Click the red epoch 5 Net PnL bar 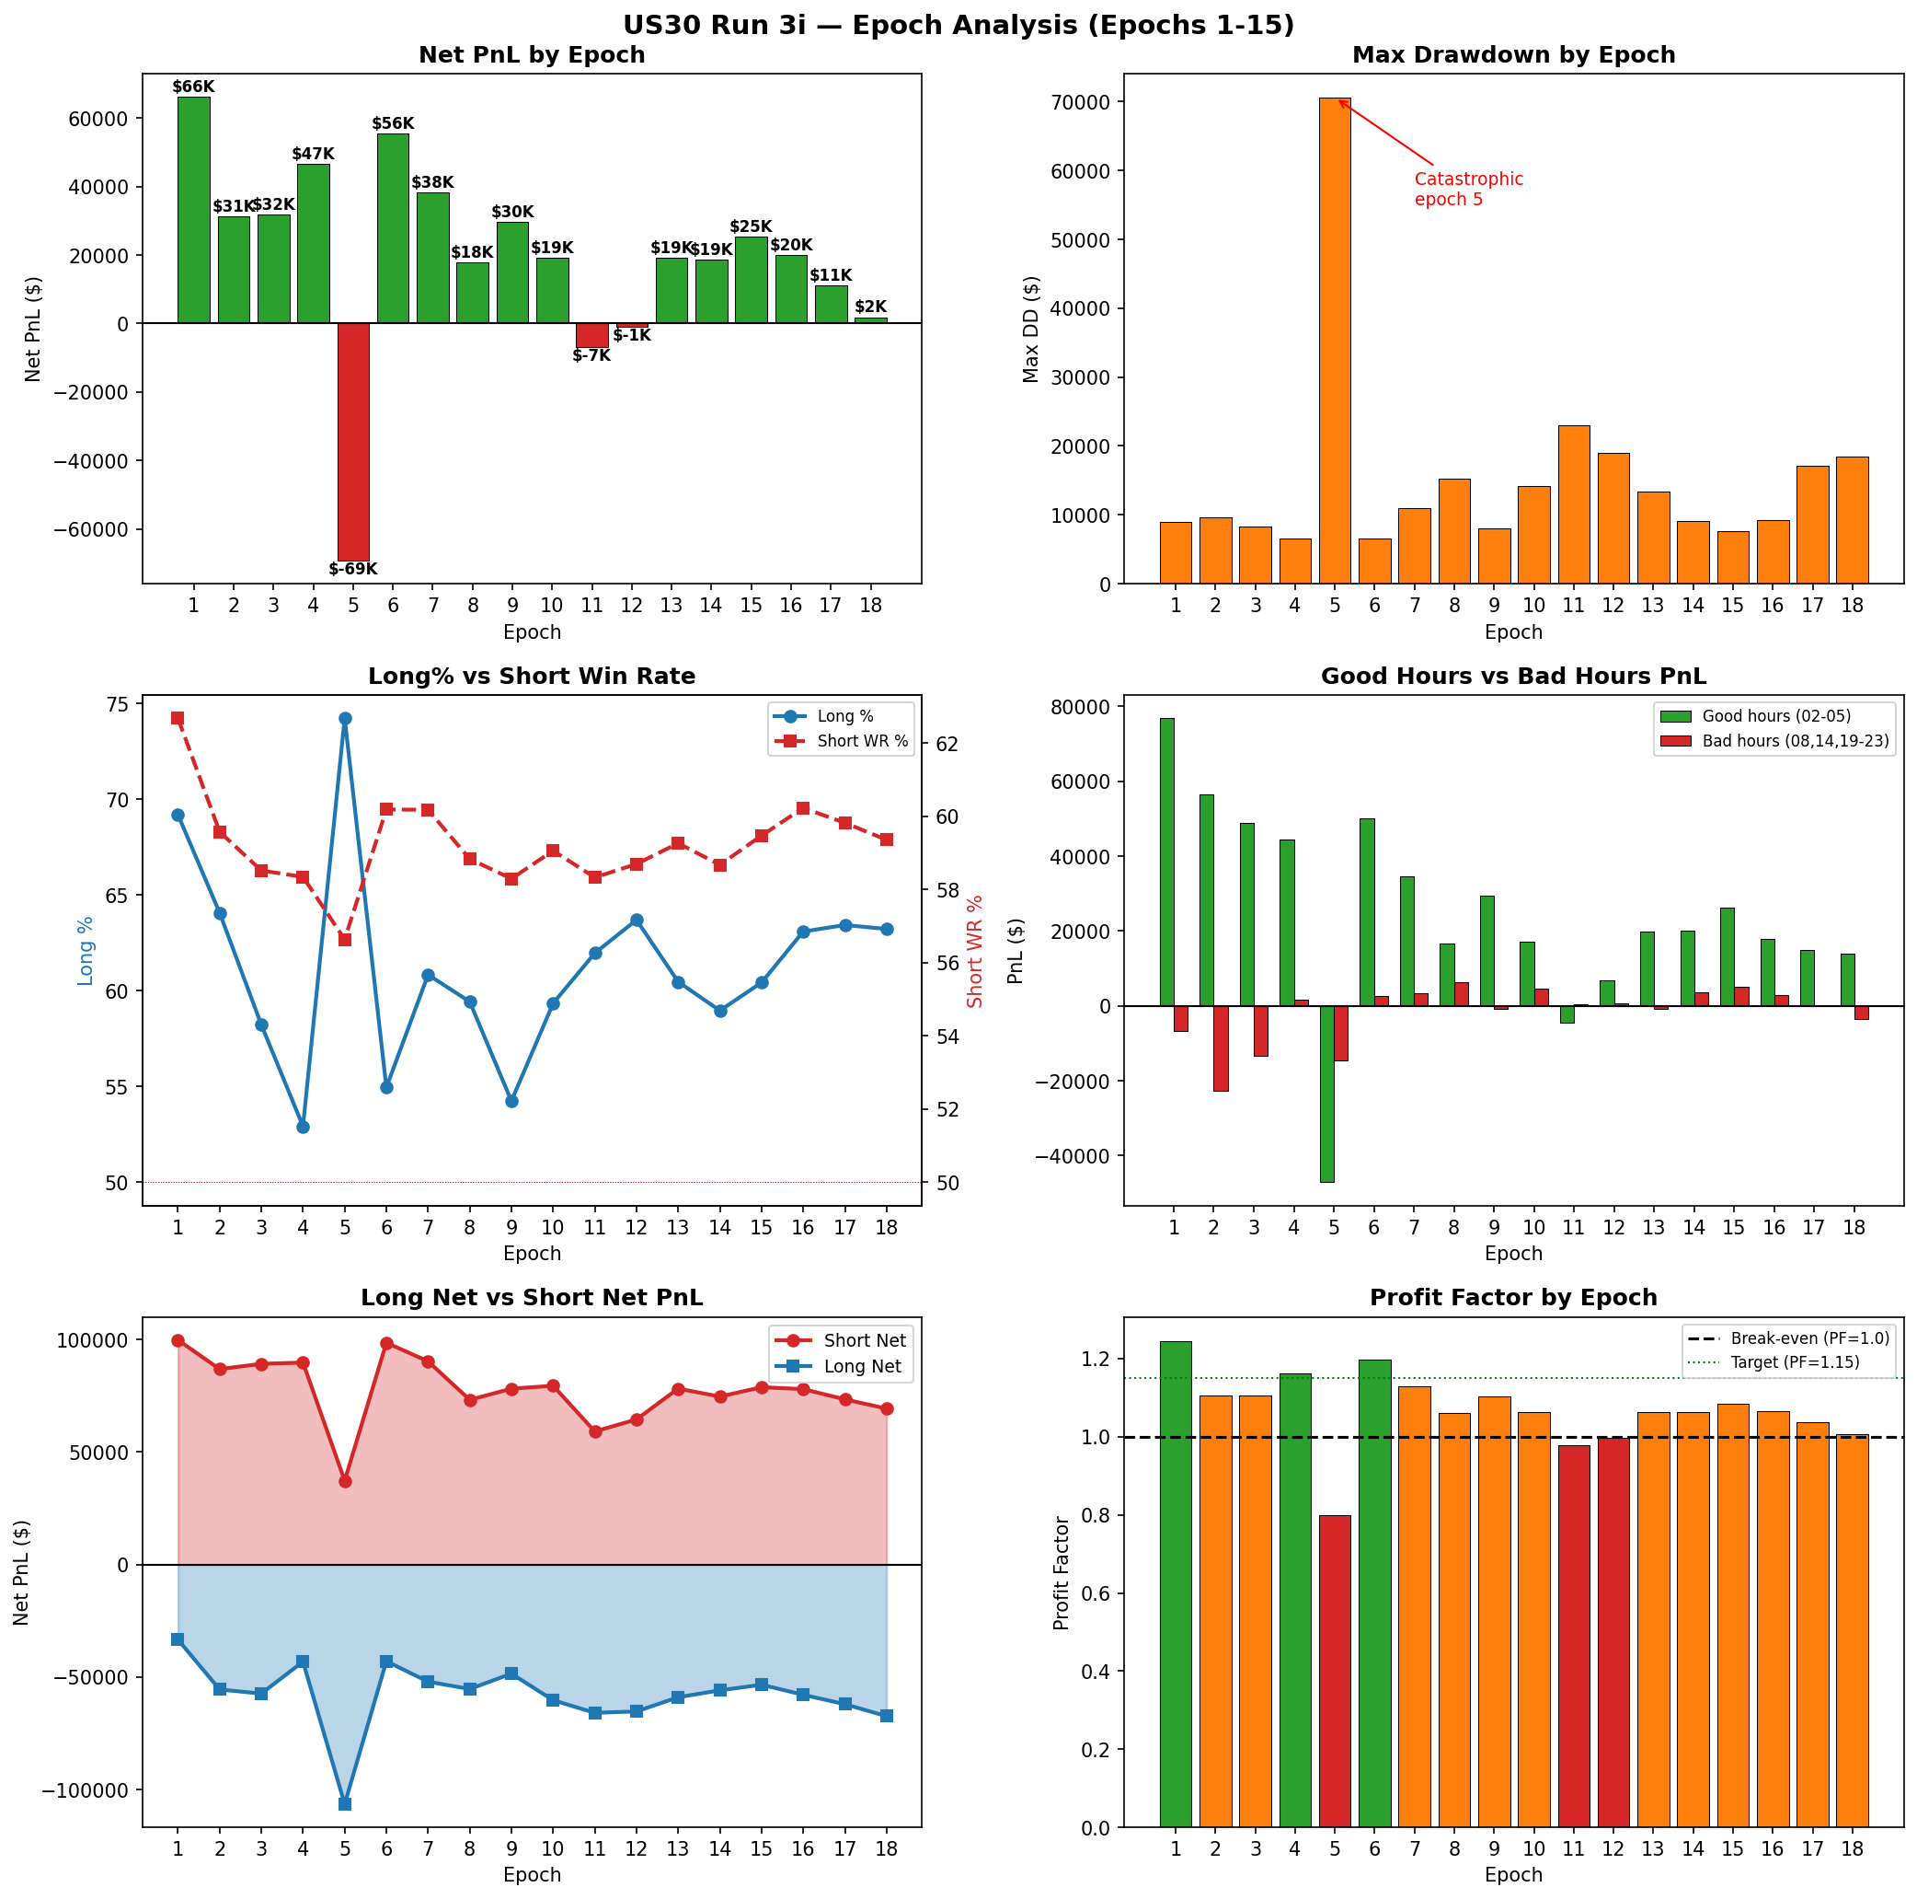click(353, 442)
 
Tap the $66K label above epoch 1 click(192, 87)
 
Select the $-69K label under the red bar click(353, 570)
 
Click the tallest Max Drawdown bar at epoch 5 click(1335, 338)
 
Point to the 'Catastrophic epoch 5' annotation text click(1467, 190)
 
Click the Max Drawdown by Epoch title click(1513, 54)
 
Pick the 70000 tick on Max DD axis click(1083, 102)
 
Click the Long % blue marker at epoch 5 click(345, 718)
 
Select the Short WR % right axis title click(974, 951)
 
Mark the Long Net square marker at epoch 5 click(345, 1803)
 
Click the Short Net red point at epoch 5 click(345, 1481)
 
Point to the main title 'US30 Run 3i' click(958, 25)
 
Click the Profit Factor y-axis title click(1062, 1572)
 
